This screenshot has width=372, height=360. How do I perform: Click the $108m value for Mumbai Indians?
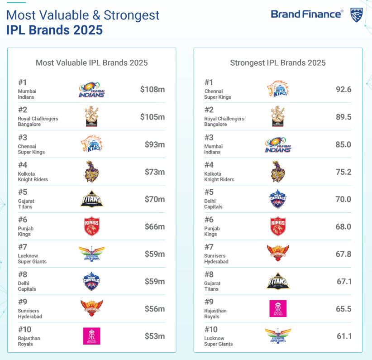click(x=152, y=90)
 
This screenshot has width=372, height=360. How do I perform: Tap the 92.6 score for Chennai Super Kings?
click(x=343, y=90)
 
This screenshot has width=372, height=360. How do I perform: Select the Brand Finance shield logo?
click(x=356, y=14)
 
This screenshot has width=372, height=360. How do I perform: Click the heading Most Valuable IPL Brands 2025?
click(x=92, y=63)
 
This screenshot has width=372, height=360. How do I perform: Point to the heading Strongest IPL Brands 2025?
click(x=278, y=63)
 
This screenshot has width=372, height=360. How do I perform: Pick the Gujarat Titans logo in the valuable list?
click(x=92, y=199)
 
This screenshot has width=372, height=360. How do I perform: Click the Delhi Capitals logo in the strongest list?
click(x=278, y=199)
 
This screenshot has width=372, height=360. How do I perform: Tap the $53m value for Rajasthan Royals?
click(x=154, y=336)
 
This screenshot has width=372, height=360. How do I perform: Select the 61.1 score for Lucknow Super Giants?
click(x=344, y=336)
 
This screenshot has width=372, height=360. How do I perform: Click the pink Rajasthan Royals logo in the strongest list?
click(x=278, y=308)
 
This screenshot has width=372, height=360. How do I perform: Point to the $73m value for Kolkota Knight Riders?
click(x=154, y=172)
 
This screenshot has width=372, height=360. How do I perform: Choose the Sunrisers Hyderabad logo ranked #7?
click(x=278, y=254)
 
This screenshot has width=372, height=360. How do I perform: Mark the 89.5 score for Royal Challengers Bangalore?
click(x=343, y=117)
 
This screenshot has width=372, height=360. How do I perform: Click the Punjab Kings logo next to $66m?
click(x=92, y=226)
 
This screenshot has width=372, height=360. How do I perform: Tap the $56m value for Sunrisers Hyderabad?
click(x=154, y=309)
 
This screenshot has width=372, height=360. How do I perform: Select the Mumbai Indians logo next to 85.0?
click(x=278, y=145)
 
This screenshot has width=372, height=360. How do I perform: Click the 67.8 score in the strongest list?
click(x=343, y=254)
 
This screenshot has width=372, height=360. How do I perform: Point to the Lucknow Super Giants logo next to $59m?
click(x=92, y=254)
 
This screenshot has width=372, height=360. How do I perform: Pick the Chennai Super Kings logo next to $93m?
click(x=92, y=144)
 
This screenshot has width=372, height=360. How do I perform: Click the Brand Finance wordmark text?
click(x=307, y=14)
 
